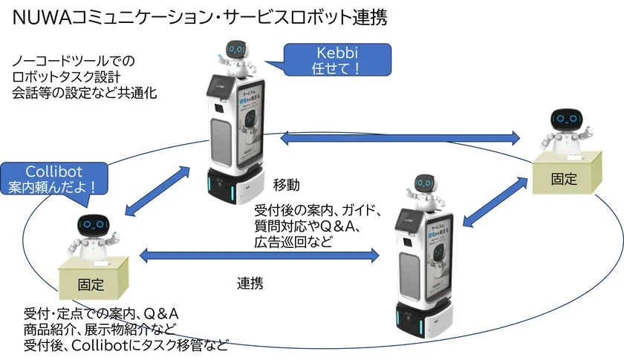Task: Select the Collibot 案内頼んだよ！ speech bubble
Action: tap(53, 177)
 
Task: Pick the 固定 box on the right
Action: tap(565, 179)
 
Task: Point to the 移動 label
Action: tap(286, 184)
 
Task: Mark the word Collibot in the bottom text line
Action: tap(97, 344)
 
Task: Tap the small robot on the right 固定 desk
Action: tap(568, 129)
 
